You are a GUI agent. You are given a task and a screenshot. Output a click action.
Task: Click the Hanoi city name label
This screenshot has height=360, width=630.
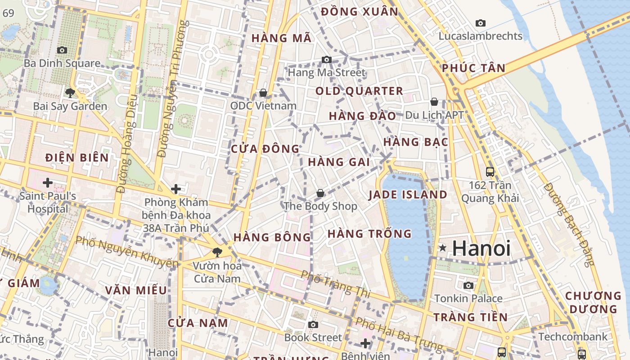tap(481, 248)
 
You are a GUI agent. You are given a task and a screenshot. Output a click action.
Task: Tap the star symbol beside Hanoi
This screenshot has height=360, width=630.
tap(443, 247)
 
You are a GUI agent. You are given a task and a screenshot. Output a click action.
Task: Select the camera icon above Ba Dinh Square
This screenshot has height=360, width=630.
tap(62, 50)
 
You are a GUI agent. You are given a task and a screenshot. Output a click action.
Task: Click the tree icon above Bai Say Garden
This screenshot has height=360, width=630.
tap(70, 93)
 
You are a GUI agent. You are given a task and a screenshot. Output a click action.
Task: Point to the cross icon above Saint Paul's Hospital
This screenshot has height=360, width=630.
tap(47, 183)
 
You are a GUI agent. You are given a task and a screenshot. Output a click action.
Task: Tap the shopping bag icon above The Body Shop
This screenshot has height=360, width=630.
tap(320, 193)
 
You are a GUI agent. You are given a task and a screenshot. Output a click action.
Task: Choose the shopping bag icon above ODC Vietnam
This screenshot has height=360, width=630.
tap(263, 93)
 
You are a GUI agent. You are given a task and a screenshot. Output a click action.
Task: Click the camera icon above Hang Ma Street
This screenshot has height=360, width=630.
tap(327, 59)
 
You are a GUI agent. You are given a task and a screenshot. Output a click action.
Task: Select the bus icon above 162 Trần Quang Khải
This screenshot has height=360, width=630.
tap(490, 171)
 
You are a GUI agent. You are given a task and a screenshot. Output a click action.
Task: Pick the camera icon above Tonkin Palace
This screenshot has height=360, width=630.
tap(468, 285)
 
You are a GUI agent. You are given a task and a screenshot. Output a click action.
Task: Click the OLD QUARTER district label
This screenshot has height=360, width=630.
tap(359, 91)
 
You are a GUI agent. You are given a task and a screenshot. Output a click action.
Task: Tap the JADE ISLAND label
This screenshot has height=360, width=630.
tap(408, 195)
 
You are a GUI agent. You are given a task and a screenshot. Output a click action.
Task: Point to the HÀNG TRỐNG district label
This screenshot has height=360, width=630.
tap(369, 234)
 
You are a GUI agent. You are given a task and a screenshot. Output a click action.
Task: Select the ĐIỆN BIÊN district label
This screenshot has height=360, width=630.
tap(77, 157)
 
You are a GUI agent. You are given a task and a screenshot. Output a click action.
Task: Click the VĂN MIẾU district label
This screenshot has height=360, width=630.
tap(136, 290)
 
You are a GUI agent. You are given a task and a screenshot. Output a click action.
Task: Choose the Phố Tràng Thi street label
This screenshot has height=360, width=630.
tap(335, 284)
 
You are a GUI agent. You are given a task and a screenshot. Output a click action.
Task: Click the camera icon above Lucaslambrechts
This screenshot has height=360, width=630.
tap(481, 23)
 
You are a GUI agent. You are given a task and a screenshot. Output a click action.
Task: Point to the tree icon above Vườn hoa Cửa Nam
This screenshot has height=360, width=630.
tap(217, 252)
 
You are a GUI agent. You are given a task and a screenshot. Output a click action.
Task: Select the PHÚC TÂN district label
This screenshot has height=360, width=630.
tap(473, 68)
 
